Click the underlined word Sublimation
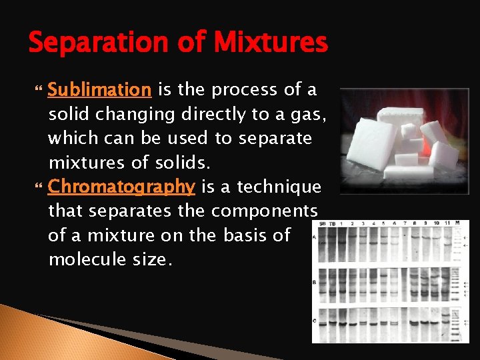pyautogui.click(x=100, y=89)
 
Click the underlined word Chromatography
pyautogui.click(x=121, y=187)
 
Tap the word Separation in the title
pyautogui.click(x=98, y=43)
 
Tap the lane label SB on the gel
pyautogui.click(x=323, y=223)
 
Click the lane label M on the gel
pyautogui.click(x=457, y=223)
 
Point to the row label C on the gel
pyautogui.click(x=315, y=321)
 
